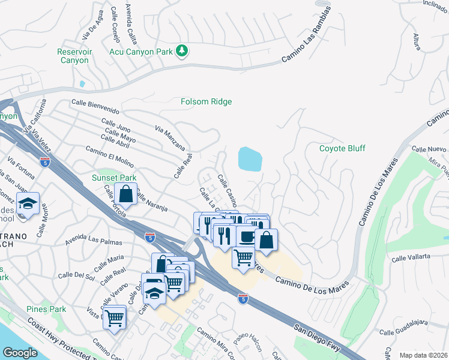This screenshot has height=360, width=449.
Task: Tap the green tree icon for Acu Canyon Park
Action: (x=182, y=50)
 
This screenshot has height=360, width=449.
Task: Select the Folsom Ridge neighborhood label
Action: (x=206, y=102)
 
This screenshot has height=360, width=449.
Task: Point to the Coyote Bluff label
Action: (x=342, y=148)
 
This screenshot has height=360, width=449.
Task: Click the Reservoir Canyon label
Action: (x=74, y=56)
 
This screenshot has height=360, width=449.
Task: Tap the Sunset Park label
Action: (x=114, y=178)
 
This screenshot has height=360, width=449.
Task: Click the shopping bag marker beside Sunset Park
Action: (x=125, y=194)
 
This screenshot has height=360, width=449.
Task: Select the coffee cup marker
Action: (x=246, y=235)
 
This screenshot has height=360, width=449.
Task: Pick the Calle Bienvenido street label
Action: (x=95, y=107)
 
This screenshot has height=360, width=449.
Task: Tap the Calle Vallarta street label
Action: (x=411, y=257)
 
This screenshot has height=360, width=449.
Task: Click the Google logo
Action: (x=20, y=353)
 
